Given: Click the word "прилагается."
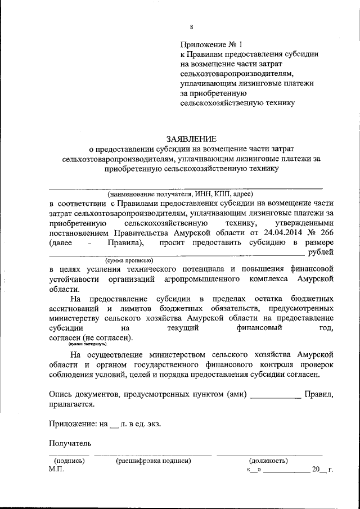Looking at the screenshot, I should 71,404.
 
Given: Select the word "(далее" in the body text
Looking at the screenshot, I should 61,242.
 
